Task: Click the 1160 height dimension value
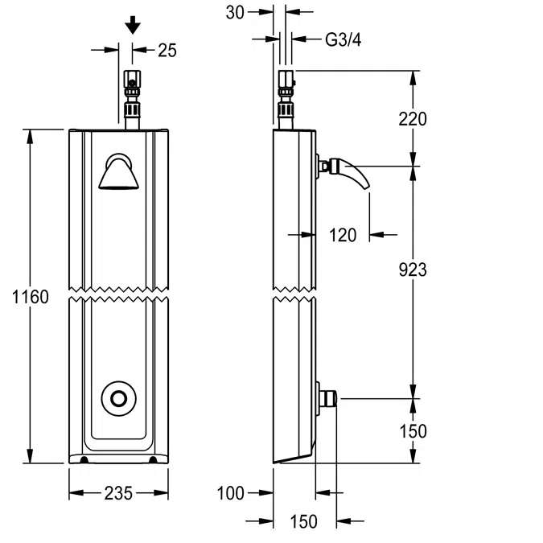click(x=30, y=297)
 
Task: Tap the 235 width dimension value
click(x=118, y=494)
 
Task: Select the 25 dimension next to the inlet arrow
click(x=167, y=50)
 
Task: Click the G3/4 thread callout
click(x=341, y=38)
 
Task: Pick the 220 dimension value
click(x=412, y=119)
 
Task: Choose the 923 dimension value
click(x=412, y=270)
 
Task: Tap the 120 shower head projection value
click(x=343, y=235)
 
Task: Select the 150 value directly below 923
click(x=412, y=431)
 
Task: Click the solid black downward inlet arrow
click(x=133, y=27)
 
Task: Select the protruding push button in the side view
click(x=327, y=397)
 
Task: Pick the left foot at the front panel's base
click(x=84, y=460)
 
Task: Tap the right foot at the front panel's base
click(x=153, y=460)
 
